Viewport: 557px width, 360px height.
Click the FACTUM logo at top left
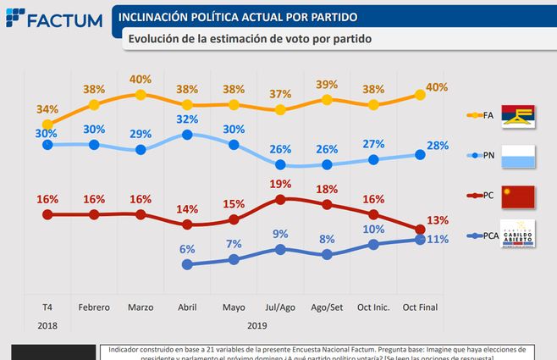[x=52, y=19]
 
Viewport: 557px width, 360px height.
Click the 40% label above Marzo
[x=141, y=79]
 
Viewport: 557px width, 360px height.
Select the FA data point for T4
[x=47, y=125]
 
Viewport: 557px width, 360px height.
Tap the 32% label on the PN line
[x=187, y=119]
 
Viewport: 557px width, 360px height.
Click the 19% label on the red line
[x=281, y=184]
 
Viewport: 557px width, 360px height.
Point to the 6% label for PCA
[x=187, y=248]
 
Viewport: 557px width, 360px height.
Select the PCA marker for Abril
[x=187, y=264]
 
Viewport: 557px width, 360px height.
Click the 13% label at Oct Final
[x=437, y=221]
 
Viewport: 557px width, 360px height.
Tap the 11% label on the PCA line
[x=437, y=240]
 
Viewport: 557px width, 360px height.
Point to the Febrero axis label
[x=94, y=307]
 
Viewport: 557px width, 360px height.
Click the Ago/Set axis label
[x=328, y=307]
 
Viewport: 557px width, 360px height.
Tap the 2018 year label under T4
[x=47, y=324]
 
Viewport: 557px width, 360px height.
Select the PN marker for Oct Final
[x=421, y=154]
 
